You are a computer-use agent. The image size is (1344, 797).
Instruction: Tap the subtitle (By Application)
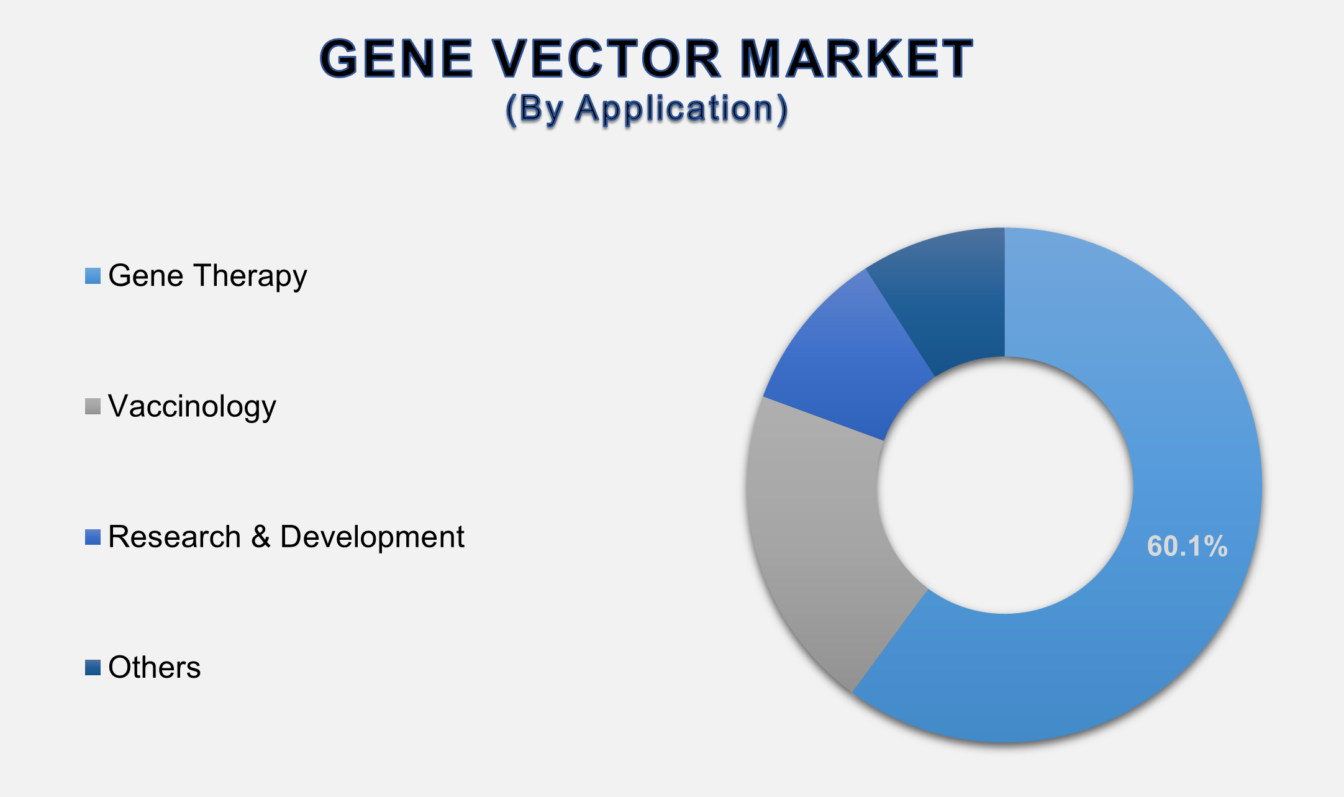pos(647,109)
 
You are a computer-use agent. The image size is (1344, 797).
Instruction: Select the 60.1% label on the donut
pos(1187,547)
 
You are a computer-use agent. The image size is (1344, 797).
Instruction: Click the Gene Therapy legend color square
pos(93,276)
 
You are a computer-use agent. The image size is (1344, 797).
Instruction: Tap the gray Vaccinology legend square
pos(93,406)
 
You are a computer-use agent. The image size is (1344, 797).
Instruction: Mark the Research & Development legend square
pos(93,537)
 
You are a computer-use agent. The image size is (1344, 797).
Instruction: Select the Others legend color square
pos(93,668)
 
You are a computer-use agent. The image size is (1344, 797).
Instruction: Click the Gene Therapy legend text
pos(207,276)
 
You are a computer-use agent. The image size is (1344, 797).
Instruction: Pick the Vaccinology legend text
pos(192,406)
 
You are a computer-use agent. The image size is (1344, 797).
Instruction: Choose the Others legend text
pos(154,668)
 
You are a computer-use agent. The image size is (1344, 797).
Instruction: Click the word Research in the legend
pos(175,537)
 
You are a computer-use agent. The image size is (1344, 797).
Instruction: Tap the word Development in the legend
pos(372,537)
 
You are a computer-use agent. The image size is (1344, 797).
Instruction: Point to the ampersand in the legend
pos(261,537)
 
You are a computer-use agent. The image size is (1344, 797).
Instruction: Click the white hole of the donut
pos(1004,485)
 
